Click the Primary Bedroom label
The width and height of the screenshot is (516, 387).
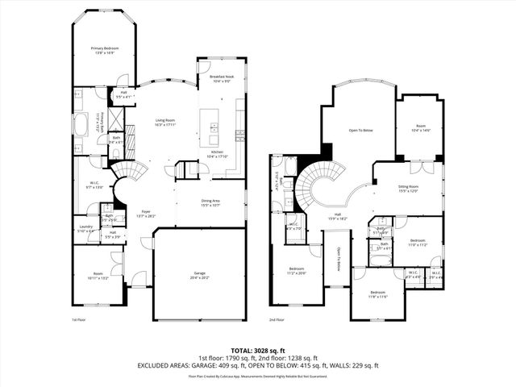pos(105,51)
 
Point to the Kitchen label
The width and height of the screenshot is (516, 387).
pos(218,154)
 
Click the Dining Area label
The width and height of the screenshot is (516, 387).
pos(210,202)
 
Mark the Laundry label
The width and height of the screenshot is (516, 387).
pos(85,229)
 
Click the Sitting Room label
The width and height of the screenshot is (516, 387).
pos(409,188)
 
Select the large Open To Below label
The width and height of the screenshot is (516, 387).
pos(360,130)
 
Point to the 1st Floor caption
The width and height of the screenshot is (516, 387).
pos(79,319)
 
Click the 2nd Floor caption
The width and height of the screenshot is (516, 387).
pos(277,319)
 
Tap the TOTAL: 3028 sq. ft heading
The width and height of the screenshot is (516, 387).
pos(257,350)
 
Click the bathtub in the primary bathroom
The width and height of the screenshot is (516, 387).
pos(81,124)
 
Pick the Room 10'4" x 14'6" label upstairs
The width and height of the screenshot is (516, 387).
pos(420,127)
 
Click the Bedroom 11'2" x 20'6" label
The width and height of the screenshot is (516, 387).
pos(297,270)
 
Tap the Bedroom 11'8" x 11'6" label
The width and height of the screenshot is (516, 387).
pos(378,294)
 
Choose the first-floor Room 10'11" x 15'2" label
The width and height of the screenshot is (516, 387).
pos(98,276)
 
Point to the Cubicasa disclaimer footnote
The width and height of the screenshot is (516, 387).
pos(257,376)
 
